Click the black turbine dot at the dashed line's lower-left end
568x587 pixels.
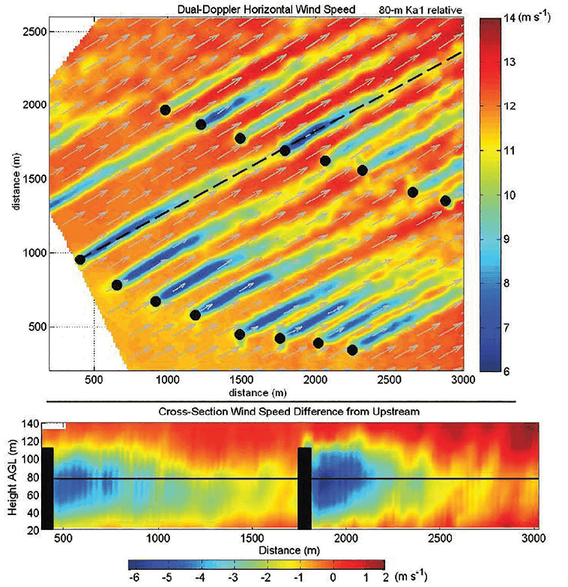[x=80, y=260]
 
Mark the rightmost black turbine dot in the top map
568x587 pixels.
[x=446, y=201]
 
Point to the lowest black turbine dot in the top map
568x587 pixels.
[x=352, y=350]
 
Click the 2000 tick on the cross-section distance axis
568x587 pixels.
[x=345, y=538]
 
